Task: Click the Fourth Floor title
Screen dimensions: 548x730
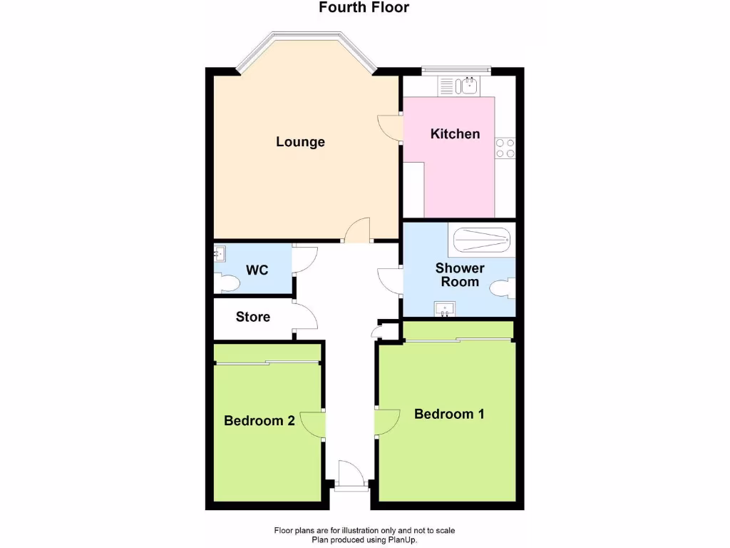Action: click(x=364, y=8)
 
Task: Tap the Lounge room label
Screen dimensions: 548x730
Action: click(x=300, y=142)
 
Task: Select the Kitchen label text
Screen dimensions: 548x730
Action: click(x=455, y=134)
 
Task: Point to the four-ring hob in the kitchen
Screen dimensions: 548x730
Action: click(x=505, y=148)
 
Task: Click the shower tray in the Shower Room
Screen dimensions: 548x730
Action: click(x=482, y=240)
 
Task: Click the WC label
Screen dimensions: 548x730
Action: click(x=257, y=271)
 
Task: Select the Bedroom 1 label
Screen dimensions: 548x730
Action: click(x=449, y=414)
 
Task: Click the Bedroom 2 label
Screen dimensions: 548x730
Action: click(x=259, y=421)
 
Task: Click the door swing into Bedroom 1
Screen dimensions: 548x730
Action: click(x=388, y=422)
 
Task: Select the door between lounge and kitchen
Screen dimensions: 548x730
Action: click(x=391, y=128)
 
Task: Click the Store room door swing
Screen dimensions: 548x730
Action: click(x=305, y=316)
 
